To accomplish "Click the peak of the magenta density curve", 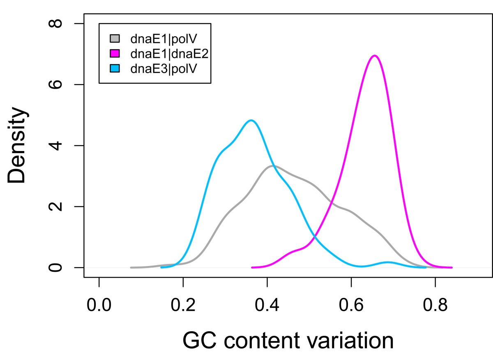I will pyautogui.click(x=374, y=55).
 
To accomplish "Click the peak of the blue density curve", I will pyautogui.click(x=251, y=120).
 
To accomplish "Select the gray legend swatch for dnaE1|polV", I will pyautogui.click(x=115, y=39).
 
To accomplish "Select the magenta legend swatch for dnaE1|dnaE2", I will pyautogui.click(x=115, y=53).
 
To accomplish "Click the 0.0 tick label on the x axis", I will pyautogui.click(x=99, y=306).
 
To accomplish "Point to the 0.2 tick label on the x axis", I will pyautogui.click(x=183, y=306).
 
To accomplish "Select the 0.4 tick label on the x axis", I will pyautogui.click(x=267, y=306).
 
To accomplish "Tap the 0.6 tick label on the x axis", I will pyautogui.click(x=351, y=306).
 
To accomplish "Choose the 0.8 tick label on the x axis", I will pyautogui.click(x=435, y=306).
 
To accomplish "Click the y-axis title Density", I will pyautogui.click(x=17, y=146).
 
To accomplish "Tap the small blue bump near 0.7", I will pyautogui.click(x=388, y=262).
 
